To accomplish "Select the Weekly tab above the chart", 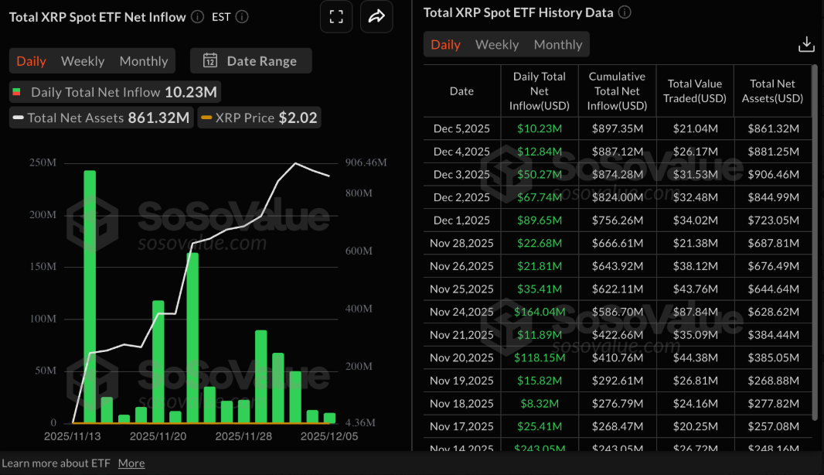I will click(x=83, y=61).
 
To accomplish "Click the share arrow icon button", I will click(x=376, y=17).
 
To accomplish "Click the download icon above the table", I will click(x=806, y=44).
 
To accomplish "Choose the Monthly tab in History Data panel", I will click(x=557, y=45).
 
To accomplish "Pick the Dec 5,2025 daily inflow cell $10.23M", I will click(x=540, y=129).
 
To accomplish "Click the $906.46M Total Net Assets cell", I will click(x=772, y=175).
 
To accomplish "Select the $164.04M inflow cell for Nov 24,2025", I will click(x=540, y=312).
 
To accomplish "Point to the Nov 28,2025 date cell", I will click(x=461, y=244).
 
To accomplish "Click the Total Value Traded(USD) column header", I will click(x=695, y=91).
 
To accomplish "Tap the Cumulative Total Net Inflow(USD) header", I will click(x=617, y=91).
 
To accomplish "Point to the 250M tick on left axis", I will click(x=43, y=162).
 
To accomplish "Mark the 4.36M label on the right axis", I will click(x=359, y=423).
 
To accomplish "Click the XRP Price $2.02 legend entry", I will click(x=258, y=118).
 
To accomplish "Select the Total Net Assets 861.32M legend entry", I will click(x=100, y=118).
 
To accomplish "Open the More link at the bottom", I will click(x=131, y=463).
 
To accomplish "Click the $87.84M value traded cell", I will click(x=695, y=312).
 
